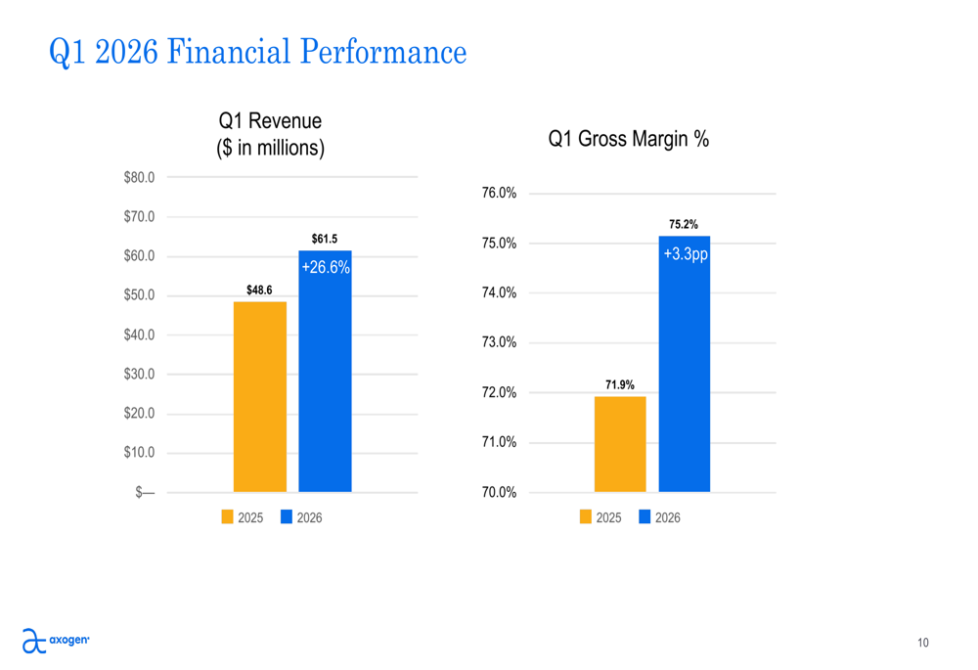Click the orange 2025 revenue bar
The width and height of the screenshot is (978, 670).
(260, 396)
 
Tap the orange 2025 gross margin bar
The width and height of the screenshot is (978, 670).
(620, 444)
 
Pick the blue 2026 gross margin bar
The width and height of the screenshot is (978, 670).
(685, 372)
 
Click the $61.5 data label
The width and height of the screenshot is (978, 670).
(325, 239)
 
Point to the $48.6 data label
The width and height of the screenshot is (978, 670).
(259, 290)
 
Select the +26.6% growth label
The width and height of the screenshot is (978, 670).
(326, 267)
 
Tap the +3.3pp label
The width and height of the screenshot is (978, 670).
(685, 254)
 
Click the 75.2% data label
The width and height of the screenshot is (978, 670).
(684, 224)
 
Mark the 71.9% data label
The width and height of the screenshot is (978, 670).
(619, 384)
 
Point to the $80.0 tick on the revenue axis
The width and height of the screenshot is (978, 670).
(139, 177)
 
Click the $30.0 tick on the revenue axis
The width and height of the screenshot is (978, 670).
(139, 374)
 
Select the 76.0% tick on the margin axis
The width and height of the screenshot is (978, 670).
(500, 194)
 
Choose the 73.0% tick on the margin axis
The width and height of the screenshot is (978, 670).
(500, 342)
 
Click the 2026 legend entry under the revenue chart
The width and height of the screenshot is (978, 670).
(302, 517)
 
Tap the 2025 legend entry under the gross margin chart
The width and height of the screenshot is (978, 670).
(600, 517)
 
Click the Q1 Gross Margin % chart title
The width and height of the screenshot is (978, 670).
(628, 139)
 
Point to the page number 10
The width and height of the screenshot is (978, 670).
(923, 643)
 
